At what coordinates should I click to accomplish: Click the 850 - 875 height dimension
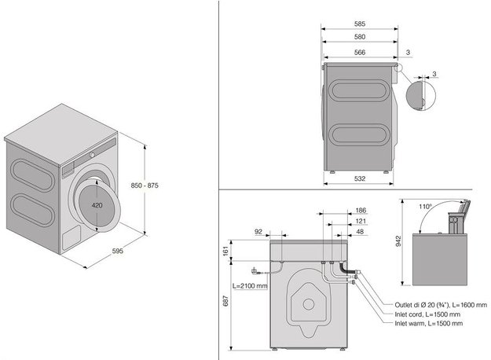click(145, 186)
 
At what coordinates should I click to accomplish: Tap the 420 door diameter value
click(97, 205)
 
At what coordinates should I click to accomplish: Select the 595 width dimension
click(118, 251)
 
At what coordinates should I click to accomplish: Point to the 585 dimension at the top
click(360, 24)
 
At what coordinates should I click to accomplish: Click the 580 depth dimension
click(360, 37)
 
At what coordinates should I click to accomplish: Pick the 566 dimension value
click(360, 53)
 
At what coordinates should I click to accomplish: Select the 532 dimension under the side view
click(360, 178)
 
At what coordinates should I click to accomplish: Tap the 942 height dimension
click(398, 241)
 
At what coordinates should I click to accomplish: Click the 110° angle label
click(426, 207)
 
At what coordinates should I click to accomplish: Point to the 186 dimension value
click(361, 211)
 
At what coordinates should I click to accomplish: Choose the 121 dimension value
click(361, 221)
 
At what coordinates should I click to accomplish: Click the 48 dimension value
click(360, 232)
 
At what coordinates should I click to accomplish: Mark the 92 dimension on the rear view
click(258, 232)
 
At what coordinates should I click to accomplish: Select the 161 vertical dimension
click(225, 250)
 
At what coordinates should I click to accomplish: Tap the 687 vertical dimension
click(225, 301)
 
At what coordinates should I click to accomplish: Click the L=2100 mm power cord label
click(250, 286)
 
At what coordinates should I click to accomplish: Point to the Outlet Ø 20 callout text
click(441, 305)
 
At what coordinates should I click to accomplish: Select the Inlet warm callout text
click(429, 323)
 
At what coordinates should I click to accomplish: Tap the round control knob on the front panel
click(92, 155)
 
